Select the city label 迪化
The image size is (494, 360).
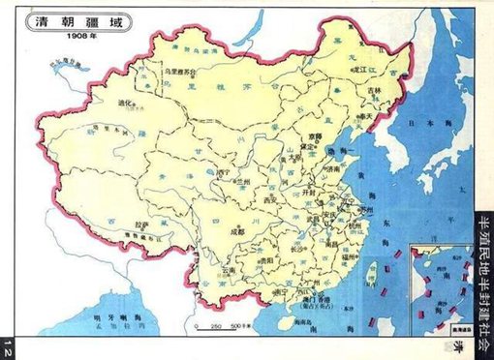point(122,102)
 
